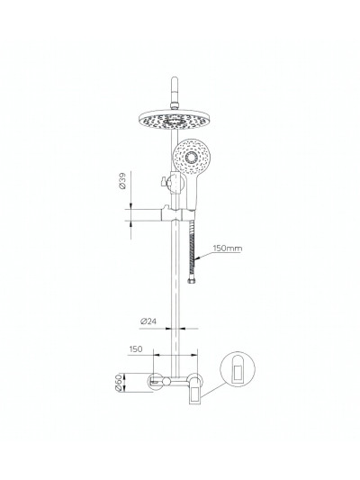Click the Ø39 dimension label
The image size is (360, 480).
pos(124,186)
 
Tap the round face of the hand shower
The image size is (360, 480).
pos(192,158)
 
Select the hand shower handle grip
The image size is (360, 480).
pos(185,194)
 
